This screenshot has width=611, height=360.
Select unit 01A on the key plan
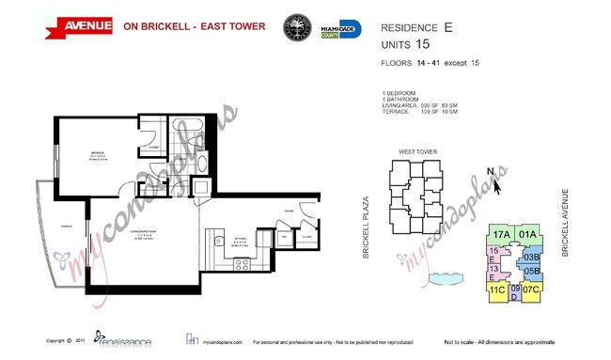click(526, 235)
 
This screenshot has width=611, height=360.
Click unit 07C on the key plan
click(531, 290)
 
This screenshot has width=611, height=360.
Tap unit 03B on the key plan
click(531, 257)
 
